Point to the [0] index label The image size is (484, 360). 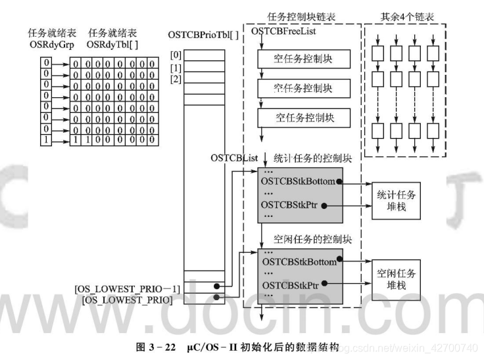click(x=176, y=55)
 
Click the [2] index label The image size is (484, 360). click(x=176, y=79)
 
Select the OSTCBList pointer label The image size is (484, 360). click(x=234, y=158)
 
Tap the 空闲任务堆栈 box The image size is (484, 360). click(x=397, y=279)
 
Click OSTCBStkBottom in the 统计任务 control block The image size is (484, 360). click(x=298, y=181)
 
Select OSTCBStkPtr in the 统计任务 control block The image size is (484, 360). click(x=290, y=206)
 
